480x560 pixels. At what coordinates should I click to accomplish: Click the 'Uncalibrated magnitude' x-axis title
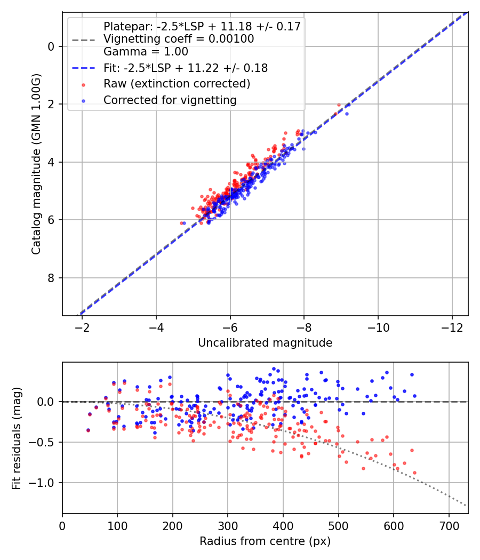coord(265,343)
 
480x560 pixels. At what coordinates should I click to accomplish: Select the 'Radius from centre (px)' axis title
coord(265,541)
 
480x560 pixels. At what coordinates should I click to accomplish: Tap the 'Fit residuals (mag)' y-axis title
coord(17,438)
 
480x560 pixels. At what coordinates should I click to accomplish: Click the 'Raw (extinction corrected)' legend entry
coord(177,84)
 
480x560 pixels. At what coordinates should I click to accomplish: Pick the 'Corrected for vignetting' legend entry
coord(170,100)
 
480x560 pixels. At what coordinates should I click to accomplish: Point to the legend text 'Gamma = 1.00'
coord(146,52)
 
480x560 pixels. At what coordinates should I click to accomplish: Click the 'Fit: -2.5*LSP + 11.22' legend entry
coord(185,68)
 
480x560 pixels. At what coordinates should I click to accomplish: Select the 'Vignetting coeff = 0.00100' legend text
coord(179,39)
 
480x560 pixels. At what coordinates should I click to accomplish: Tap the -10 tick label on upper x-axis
coord(378,326)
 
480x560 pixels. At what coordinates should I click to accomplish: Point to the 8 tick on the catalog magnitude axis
coord(51,278)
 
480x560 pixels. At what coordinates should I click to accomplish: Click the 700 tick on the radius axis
coord(449,525)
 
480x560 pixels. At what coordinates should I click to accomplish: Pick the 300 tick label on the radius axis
coord(228,525)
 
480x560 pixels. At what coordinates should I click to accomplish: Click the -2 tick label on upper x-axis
coord(82,326)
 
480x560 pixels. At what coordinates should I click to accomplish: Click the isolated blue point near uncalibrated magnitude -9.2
coord(347,114)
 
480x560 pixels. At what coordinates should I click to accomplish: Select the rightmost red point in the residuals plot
coord(414,473)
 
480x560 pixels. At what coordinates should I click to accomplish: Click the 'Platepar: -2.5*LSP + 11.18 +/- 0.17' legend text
coord(202,26)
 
